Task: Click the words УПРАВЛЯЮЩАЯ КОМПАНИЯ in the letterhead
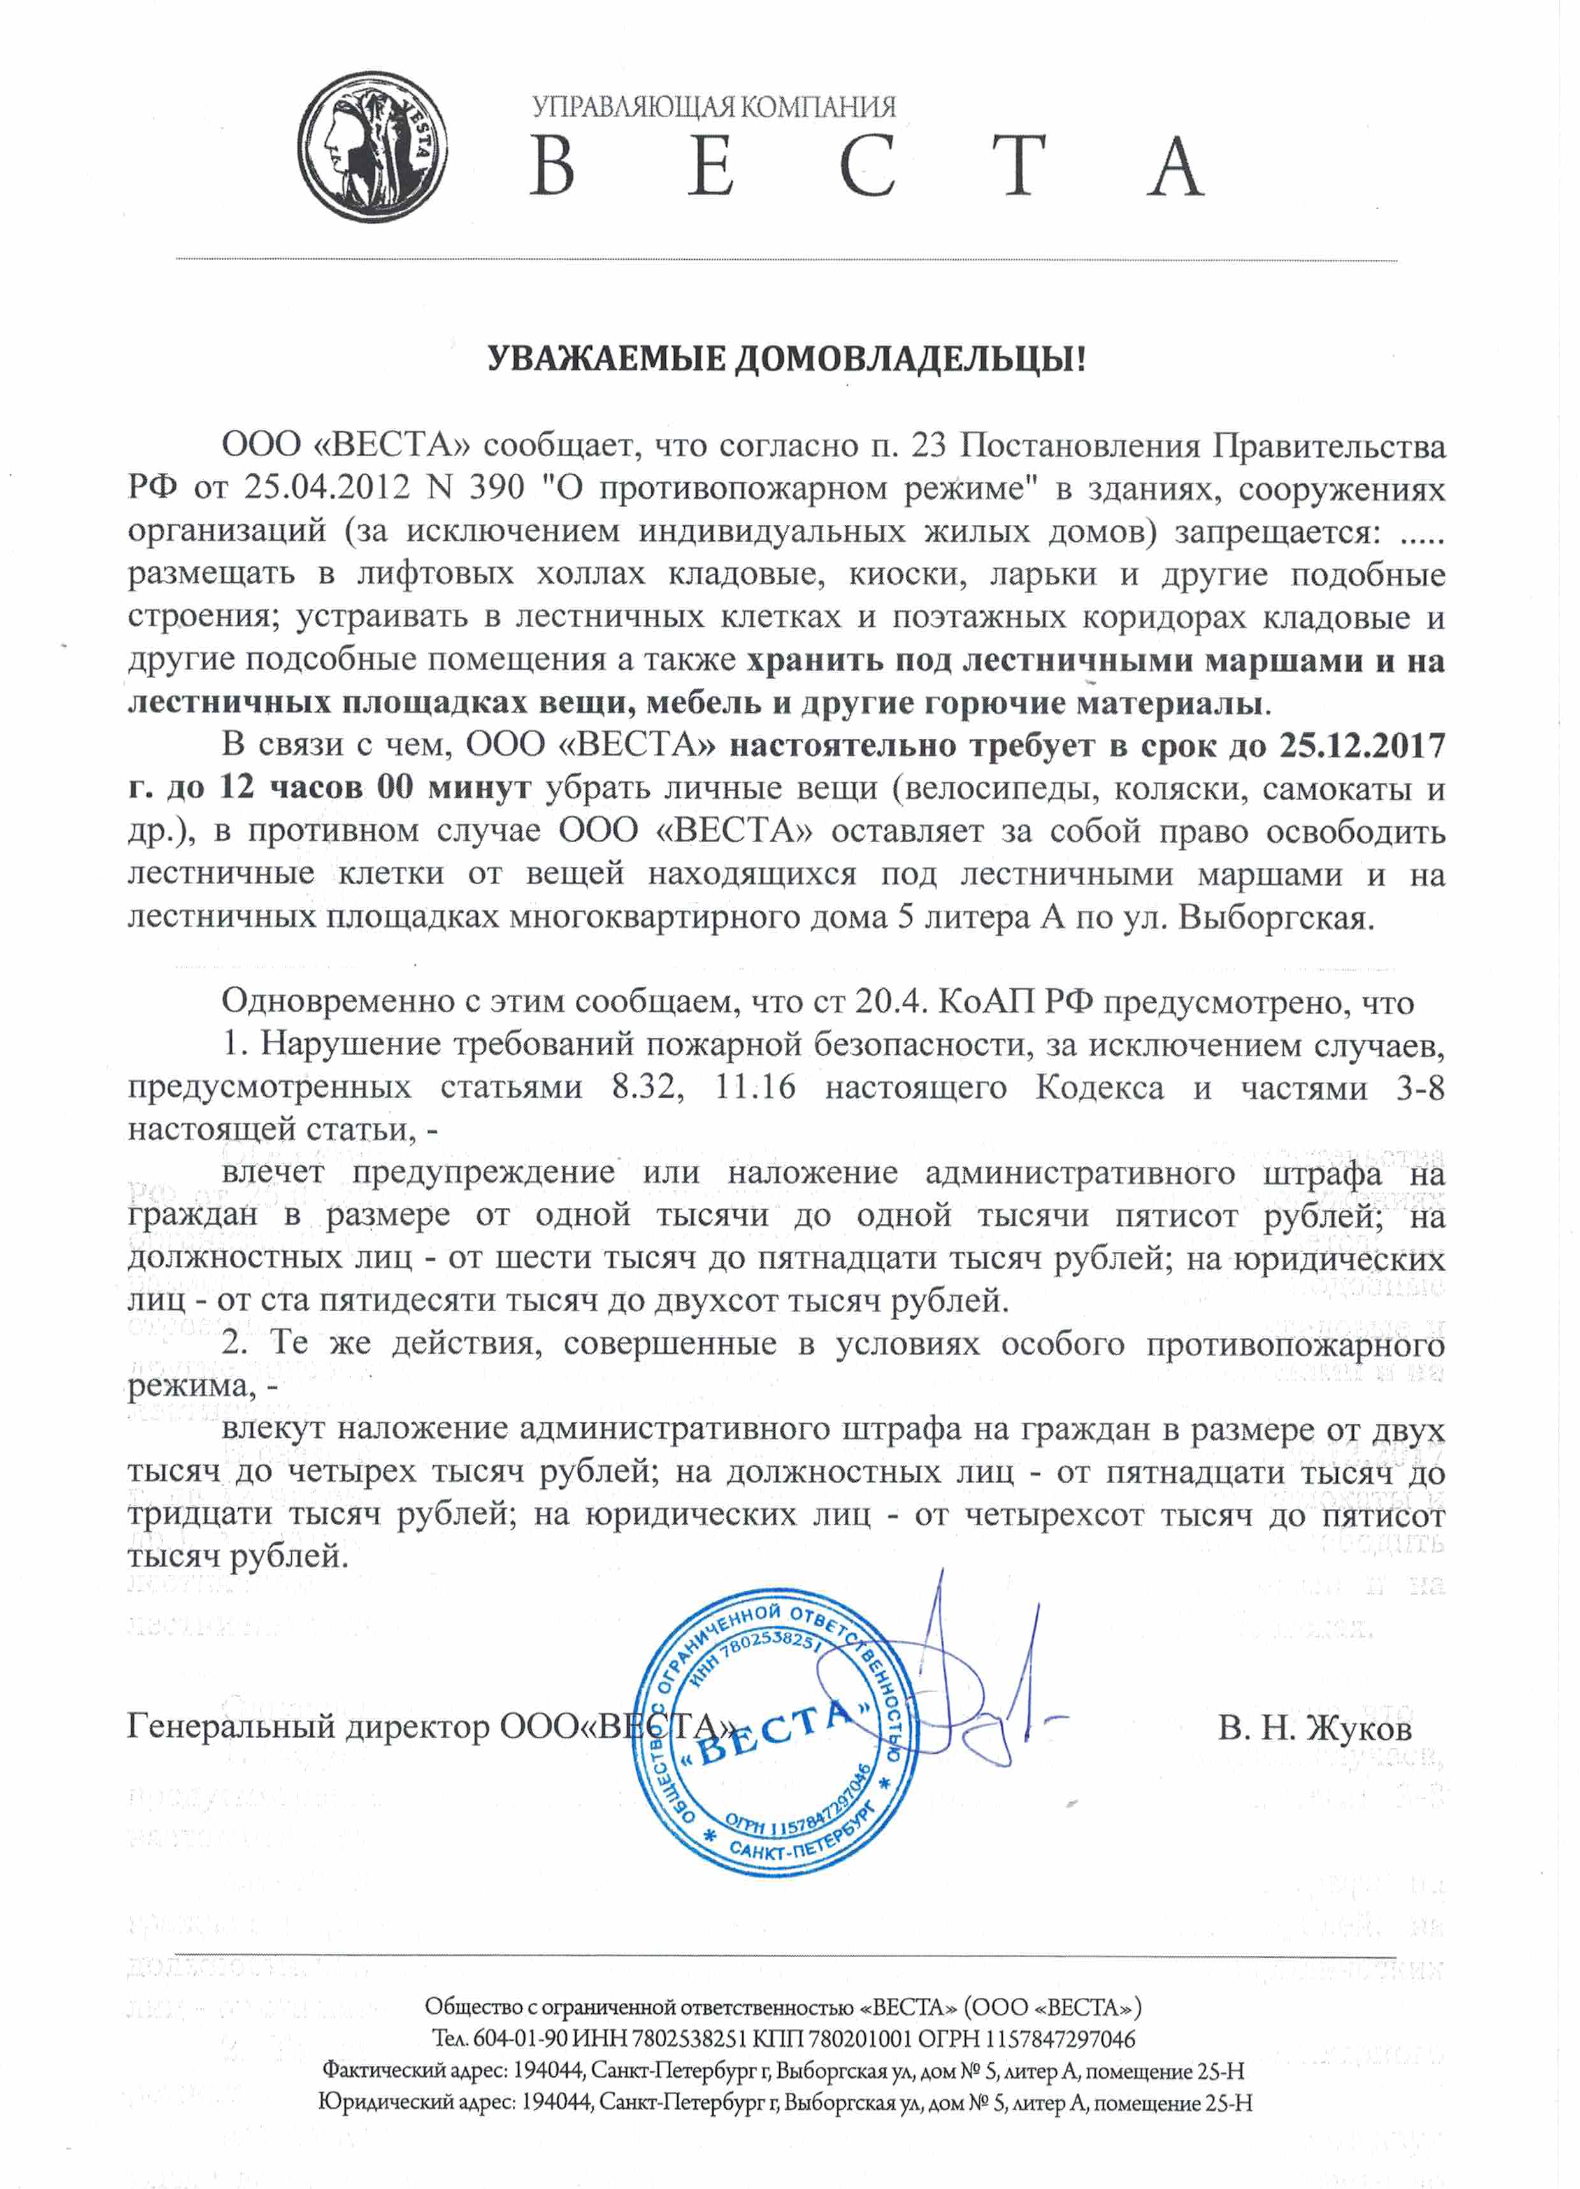(x=714, y=106)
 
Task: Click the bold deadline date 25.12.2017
(x=1362, y=745)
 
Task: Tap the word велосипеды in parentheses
(x=1000, y=789)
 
